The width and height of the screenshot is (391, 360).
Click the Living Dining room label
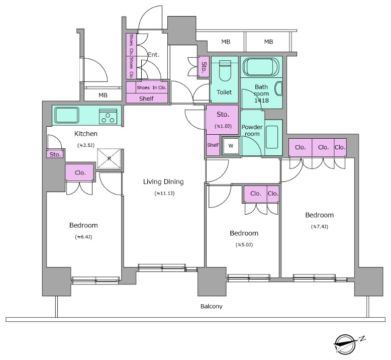click(163, 182)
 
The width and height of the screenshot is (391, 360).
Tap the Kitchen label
click(86, 134)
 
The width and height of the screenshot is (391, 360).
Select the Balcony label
click(212, 306)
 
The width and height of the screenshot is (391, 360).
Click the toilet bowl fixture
click(225, 71)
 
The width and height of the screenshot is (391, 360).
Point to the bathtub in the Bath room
click(261, 67)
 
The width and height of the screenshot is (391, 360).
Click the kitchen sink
click(67, 115)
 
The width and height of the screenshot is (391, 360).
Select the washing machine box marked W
click(231, 146)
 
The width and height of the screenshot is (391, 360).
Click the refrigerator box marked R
click(109, 158)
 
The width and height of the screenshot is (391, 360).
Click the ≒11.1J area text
click(164, 194)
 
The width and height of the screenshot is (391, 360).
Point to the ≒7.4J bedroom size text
click(320, 227)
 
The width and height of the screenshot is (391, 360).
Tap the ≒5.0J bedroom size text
click(244, 245)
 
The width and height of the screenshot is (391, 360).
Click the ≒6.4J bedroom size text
click(83, 237)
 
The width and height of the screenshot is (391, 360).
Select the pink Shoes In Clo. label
click(151, 87)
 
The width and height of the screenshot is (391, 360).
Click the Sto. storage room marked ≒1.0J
click(223, 120)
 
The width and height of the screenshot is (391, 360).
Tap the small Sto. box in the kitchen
click(55, 154)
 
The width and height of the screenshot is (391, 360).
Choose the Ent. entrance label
click(153, 55)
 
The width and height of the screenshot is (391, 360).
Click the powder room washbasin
click(272, 137)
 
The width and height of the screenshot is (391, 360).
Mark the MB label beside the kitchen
click(103, 95)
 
